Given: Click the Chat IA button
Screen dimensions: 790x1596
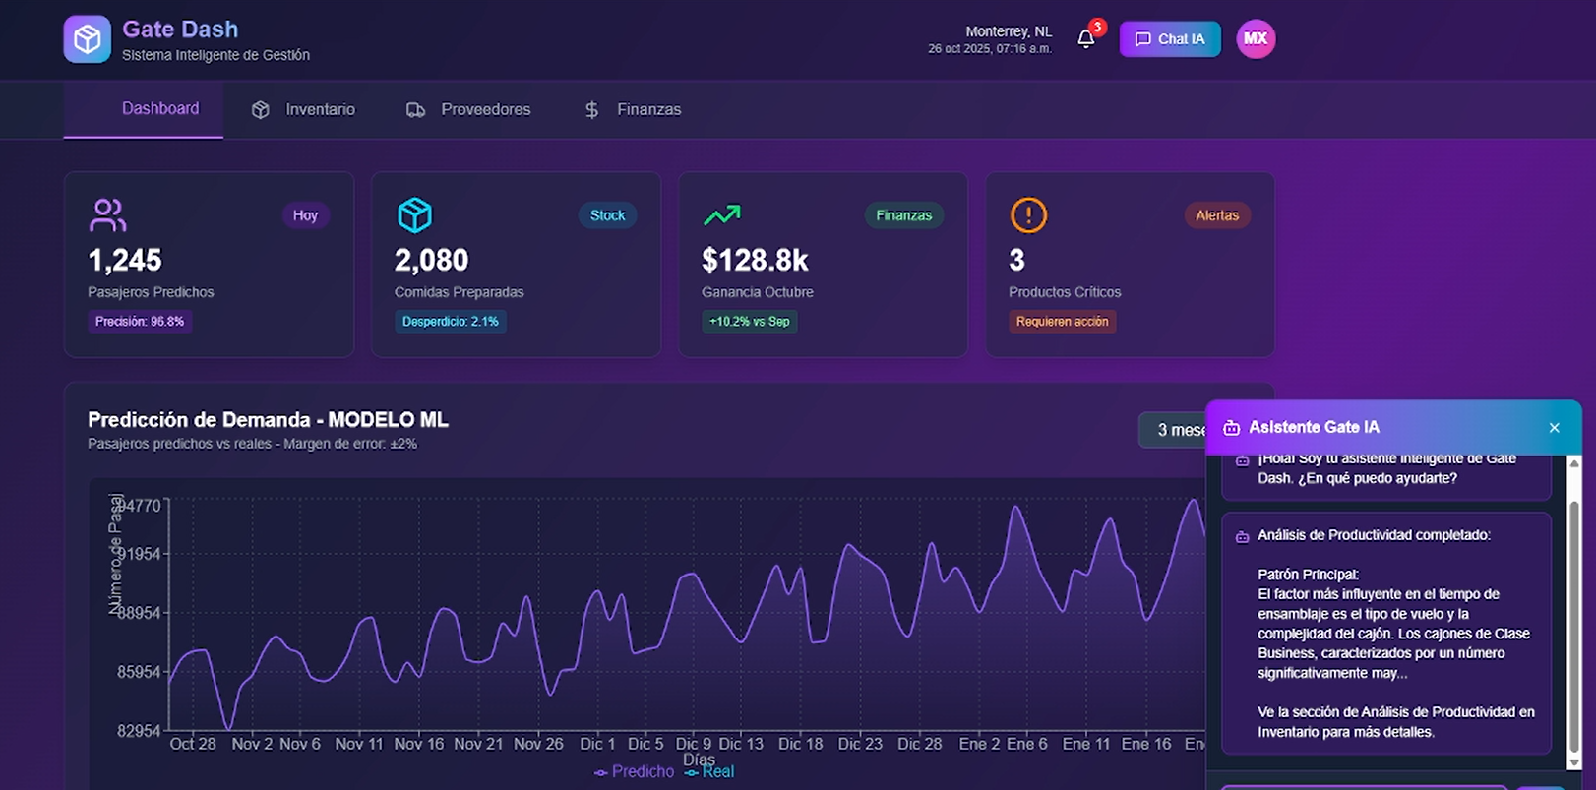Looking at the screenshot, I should (1170, 39).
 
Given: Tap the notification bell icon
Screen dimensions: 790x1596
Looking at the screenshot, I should (1086, 39).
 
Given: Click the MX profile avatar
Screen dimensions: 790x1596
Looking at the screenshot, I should (1256, 39).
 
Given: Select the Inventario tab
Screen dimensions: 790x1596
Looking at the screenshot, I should (303, 109).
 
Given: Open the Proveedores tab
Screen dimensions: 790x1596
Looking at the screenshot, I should (468, 109).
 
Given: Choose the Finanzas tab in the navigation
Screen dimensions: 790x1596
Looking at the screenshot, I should (633, 109).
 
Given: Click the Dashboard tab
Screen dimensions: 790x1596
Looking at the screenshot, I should (159, 108).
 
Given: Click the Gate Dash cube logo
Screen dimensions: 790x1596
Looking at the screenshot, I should (88, 39).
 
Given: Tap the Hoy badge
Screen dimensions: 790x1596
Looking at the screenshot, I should (305, 215).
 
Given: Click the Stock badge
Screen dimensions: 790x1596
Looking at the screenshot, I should (607, 215).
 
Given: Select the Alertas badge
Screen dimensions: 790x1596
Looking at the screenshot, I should (1217, 215).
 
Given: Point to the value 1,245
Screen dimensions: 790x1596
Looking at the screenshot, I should (125, 261).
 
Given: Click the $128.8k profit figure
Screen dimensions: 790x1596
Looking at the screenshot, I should (755, 261).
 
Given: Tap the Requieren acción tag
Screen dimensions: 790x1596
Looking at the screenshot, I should (1062, 322).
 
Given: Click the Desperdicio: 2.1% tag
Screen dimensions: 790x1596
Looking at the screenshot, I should (451, 322).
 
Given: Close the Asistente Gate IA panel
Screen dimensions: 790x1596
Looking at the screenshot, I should (1555, 428).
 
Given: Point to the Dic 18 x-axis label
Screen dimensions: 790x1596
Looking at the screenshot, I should (800, 744).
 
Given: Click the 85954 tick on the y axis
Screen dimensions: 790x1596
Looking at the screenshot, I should (139, 672).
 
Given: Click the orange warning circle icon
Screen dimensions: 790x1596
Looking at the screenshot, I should (1028, 215).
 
